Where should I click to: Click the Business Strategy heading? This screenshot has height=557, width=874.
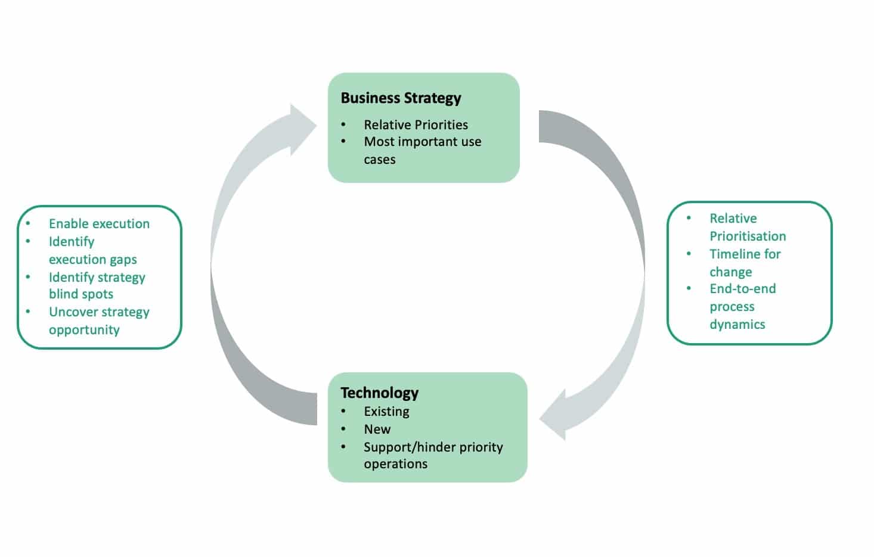(401, 98)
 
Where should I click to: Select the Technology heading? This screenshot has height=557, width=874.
(379, 393)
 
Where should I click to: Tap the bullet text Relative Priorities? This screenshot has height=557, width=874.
(416, 125)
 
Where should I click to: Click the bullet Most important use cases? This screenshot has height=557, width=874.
(422, 150)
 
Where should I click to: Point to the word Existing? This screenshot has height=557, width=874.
(386, 411)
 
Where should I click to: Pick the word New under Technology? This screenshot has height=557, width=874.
(377, 429)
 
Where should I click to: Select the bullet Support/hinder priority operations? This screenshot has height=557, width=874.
(433, 455)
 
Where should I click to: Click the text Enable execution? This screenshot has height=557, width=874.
(99, 223)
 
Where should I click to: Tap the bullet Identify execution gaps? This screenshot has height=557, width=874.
(92, 250)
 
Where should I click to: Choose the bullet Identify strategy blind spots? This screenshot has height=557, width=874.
(97, 285)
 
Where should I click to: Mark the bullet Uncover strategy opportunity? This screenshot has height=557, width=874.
(99, 320)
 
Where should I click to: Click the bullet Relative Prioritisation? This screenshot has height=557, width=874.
(747, 227)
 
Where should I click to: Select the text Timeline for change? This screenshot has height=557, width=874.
(745, 263)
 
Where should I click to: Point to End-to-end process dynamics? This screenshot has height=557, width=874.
(742, 306)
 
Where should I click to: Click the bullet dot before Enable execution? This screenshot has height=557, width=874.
(28, 223)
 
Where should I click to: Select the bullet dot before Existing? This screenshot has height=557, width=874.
(343, 411)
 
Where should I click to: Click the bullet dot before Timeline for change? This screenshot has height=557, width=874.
(689, 254)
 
